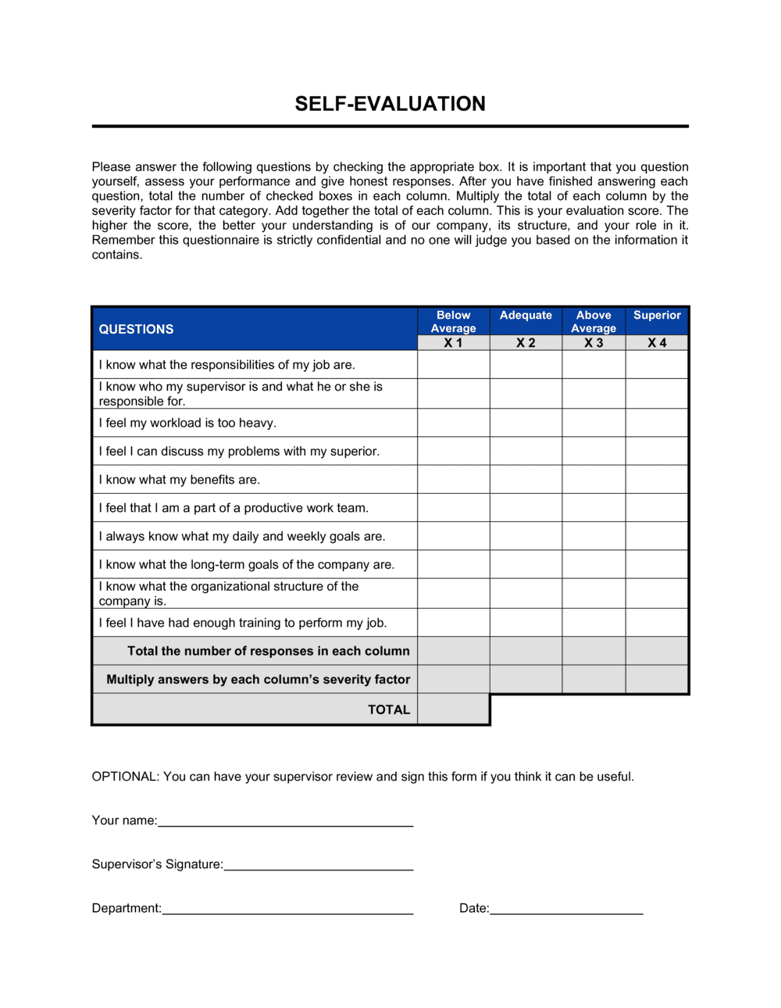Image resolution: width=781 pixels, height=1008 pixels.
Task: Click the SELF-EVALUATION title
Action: pos(390,104)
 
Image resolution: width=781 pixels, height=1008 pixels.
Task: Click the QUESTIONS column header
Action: pos(136,329)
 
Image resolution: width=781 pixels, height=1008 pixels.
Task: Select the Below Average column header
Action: pos(453,321)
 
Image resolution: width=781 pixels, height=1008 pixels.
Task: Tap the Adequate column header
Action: pos(526,315)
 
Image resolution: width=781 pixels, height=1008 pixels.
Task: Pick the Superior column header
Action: pos(657,315)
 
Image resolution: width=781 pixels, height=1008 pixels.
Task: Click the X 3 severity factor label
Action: pos(594,343)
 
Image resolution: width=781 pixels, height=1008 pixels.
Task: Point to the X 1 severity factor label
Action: pos(453,343)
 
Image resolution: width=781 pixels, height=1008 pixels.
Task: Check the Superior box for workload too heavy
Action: pos(657,423)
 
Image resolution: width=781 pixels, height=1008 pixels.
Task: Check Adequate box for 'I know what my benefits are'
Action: pos(526,479)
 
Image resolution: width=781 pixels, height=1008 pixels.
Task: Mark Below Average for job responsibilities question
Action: pos(453,364)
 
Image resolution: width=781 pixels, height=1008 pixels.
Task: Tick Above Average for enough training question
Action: pos(594,623)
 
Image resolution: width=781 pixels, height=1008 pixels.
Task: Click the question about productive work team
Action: pos(234,508)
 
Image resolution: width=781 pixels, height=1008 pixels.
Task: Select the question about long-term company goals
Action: pos(246,564)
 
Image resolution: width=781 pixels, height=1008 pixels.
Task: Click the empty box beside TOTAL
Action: pos(453,710)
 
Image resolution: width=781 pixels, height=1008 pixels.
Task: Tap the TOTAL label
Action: pos(389,710)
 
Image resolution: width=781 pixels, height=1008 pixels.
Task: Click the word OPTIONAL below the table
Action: pos(125,777)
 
